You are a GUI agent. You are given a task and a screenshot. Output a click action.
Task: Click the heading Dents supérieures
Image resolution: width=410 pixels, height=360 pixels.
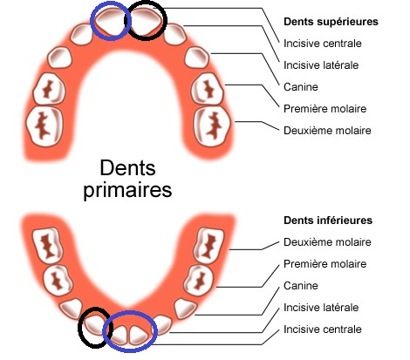tap(331, 22)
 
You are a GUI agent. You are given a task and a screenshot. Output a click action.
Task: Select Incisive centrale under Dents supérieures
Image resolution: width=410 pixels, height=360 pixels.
tap(323, 44)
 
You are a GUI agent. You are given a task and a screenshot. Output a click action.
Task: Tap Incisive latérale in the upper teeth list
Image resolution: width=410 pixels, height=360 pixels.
tap(321, 65)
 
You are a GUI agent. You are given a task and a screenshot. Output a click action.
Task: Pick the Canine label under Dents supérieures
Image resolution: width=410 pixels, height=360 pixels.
tap(301, 87)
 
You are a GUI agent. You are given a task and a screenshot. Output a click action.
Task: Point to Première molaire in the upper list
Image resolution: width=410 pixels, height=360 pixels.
tap(325, 109)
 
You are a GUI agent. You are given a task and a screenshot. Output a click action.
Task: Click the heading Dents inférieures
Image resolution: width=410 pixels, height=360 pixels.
tap(328, 221)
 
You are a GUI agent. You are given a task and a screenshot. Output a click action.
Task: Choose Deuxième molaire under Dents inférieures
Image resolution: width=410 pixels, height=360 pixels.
tap(327, 242)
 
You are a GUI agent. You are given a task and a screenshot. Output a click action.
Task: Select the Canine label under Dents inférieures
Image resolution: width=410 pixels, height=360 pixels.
tap(301, 286)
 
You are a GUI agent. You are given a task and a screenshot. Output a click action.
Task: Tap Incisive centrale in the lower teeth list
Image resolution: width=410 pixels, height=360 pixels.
tap(323, 329)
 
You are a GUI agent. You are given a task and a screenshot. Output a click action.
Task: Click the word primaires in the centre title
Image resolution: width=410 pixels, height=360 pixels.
tap(127, 190)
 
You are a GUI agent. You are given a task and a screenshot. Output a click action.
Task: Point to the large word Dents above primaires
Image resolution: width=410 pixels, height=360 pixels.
tap(127, 168)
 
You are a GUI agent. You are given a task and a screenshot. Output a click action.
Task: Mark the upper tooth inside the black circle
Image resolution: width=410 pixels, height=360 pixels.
tap(146, 20)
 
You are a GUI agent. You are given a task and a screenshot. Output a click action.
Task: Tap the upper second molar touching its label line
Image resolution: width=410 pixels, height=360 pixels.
tap(212, 126)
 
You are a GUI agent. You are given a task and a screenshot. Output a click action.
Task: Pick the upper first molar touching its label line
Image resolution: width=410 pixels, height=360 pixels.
tap(207, 88)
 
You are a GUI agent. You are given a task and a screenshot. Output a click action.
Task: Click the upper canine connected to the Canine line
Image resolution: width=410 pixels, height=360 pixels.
tap(197, 58)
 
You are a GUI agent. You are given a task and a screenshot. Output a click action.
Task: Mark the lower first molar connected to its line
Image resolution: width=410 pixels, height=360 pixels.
tap(199, 280)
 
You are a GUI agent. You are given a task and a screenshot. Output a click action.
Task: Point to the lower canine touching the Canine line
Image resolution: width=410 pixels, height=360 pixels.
tap(185, 308)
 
